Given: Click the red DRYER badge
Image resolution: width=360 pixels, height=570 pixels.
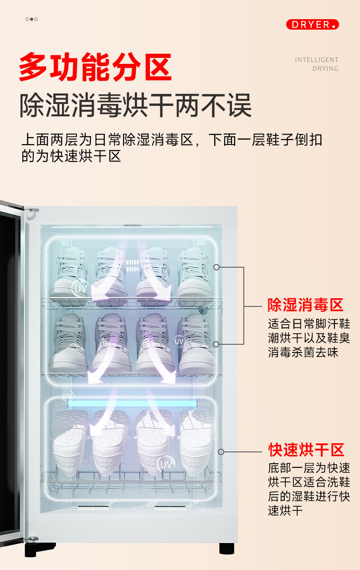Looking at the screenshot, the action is [313, 25].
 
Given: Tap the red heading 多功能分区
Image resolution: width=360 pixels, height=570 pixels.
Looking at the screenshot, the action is [95, 67].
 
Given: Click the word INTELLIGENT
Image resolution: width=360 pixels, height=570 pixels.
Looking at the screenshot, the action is [316, 60].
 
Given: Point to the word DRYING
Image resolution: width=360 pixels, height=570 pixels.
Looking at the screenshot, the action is [325, 69].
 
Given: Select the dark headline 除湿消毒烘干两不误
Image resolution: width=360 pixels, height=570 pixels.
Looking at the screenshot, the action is [135, 105].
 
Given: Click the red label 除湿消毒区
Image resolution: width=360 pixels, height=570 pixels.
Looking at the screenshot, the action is [305, 305].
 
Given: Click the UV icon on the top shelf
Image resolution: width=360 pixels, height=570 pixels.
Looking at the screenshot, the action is [80, 288].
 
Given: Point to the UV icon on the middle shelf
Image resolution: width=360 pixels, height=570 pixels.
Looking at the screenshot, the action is [179, 341].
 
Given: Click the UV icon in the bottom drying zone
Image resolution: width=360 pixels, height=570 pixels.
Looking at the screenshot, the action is [166, 465].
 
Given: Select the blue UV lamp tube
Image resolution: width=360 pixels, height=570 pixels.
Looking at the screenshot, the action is [132, 403].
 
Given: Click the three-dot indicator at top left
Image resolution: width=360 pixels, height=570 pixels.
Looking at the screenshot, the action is [31, 19].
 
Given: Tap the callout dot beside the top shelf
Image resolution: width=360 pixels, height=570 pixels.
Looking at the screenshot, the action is [216, 267].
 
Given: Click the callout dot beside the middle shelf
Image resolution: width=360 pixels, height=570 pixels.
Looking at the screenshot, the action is [216, 344].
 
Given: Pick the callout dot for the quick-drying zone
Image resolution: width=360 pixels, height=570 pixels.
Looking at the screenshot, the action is [221, 452].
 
